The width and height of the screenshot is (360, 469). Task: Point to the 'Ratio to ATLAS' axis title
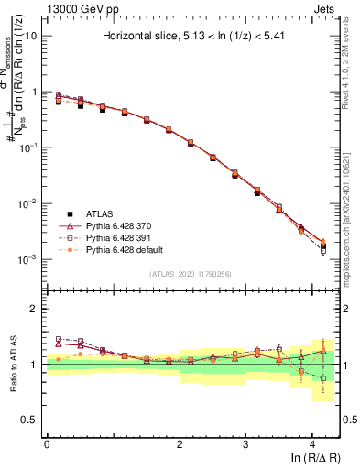(13, 365)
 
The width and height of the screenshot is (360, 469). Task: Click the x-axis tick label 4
(312, 443)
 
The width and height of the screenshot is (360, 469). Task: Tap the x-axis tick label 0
(47, 443)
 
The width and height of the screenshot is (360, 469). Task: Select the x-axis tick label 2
(180, 443)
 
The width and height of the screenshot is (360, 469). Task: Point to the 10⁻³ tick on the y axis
(27, 259)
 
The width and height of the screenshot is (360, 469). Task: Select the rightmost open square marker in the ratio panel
(322, 377)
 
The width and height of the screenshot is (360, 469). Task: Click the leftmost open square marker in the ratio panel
(59, 339)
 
